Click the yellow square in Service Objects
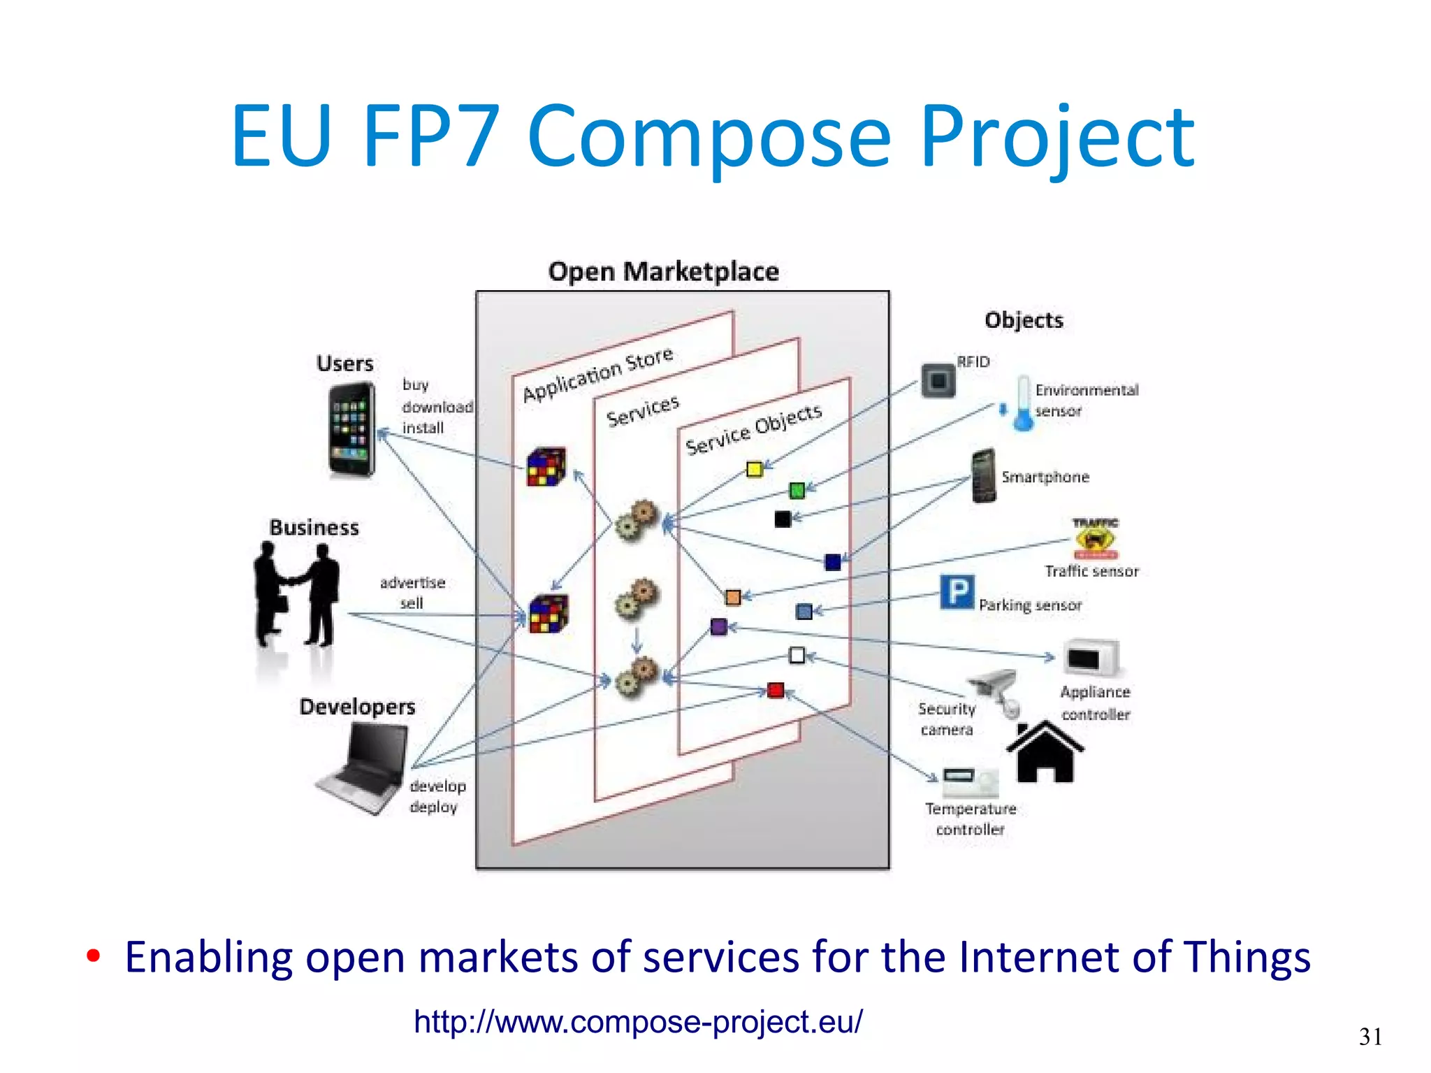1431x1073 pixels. (754, 468)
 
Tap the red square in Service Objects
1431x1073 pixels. (775, 691)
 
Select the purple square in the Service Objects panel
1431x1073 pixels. (718, 626)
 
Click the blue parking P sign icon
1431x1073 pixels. (957, 592)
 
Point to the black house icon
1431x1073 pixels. (1045, 752)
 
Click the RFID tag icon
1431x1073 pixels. (938, 381)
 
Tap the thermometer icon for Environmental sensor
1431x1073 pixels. (1023, 403)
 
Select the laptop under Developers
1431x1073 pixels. (365, 768)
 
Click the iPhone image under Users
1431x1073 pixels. (351, 429)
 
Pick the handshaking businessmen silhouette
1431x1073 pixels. (296, 594)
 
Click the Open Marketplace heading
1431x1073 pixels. (663, 271)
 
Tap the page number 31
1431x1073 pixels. (1370, 1036)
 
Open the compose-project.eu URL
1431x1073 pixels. (638, 1021)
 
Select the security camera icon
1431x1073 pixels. (996, 691)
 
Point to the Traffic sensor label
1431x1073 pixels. (1091, 571)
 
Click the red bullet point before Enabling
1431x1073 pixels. (93, 956)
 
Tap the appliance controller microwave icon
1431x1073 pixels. (1091, 658)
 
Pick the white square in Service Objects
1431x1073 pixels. (797, 655)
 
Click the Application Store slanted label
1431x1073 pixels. (597, 374)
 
